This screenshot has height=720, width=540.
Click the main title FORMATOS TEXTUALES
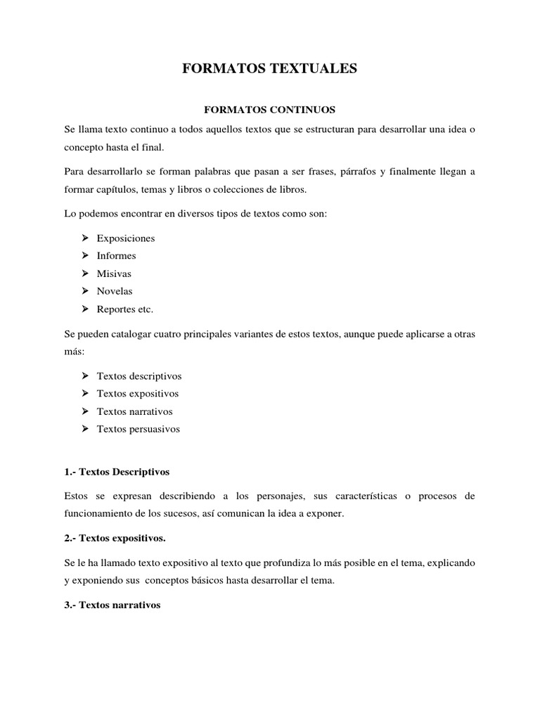click(x=270, y=68)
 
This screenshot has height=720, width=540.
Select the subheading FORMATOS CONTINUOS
click(x=269, y=110)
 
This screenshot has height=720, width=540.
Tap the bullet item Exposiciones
click(x=126, y=238)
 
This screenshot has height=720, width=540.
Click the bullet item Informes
click(x=116, y=256)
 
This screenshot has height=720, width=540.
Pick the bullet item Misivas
click(x=114, y=274)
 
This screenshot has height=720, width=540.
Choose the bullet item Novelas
click(x=115, y=291)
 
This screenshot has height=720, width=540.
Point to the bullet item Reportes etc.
click(x=124, y=309)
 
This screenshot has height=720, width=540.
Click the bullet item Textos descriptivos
click(x=139, y=376)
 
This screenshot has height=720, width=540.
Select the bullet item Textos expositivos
click(x=138, y=394)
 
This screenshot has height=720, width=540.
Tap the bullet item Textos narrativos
click(x=134, y=411)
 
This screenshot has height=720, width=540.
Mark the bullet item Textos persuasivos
click(x=138, y=429)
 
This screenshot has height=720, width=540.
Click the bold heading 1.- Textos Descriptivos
click(x=116, y=471)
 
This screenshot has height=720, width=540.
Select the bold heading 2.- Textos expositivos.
click(x=115, y=538)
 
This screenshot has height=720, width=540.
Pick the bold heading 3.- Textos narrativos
click(x=112, y=605)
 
